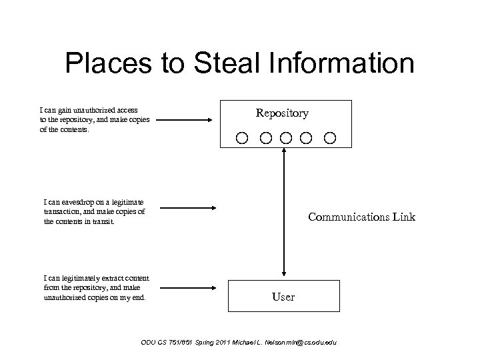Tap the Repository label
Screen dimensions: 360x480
pos(282,113)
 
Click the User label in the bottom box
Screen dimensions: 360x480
pos(283,297)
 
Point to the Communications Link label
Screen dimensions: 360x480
pos(361,217)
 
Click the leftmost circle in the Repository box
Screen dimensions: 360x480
pos(241,138)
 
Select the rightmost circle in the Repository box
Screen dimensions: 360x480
pos(329,138)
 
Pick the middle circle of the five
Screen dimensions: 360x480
pos(286,138)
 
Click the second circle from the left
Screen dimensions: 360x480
pos(265,138)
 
